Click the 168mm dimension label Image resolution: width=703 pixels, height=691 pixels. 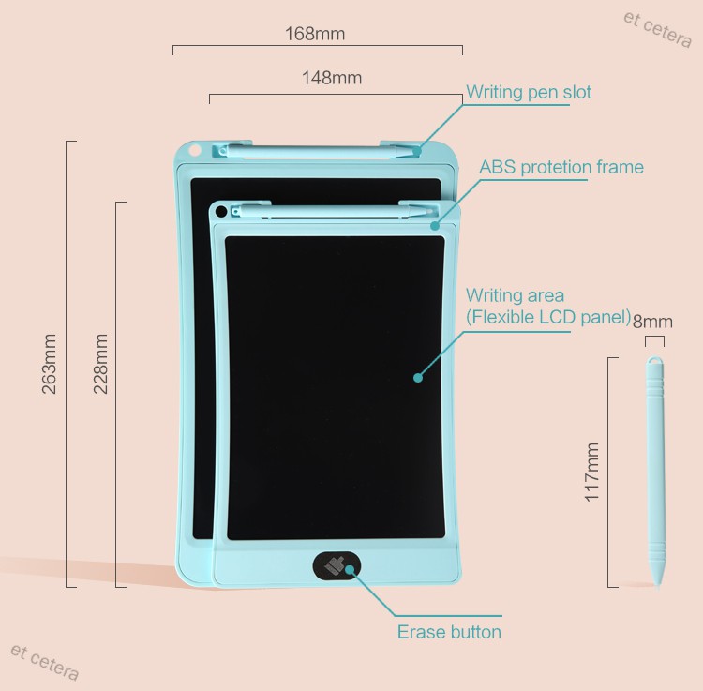coord(315,34)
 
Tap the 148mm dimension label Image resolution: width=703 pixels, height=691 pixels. coord(332,78)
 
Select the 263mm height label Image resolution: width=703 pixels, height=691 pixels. coord(50,364)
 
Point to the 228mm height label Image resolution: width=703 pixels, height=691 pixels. coord(100,364)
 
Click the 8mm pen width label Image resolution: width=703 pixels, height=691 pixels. coord(652,322)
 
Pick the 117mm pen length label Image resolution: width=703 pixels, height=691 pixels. coord(592,473)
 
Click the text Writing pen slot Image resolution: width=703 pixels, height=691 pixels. coord(529,92)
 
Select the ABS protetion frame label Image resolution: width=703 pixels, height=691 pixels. coord(561,167)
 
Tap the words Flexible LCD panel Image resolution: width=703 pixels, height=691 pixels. coord(549,317)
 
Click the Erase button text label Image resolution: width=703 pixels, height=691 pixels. coord(449,632)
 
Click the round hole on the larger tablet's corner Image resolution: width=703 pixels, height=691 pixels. coord(195,149)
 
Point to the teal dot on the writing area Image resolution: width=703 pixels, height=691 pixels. coord(418,378)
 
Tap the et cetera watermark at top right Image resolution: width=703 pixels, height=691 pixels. coord(657,29)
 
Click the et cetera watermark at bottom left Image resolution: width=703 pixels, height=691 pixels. coord(44,661)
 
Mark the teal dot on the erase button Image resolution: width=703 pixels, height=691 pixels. coord(350,568)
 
